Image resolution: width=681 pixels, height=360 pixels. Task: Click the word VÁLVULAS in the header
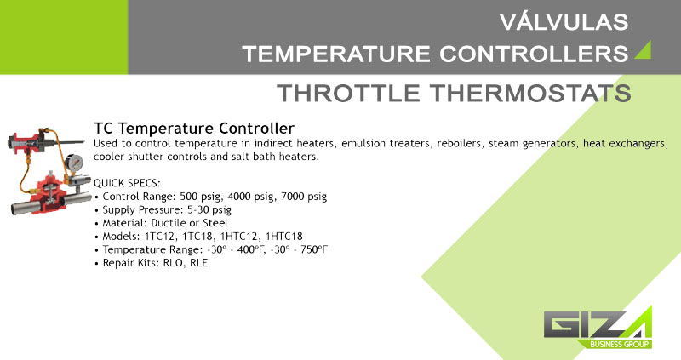[564, 22]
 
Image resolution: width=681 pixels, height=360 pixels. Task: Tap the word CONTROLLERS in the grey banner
[534, 54]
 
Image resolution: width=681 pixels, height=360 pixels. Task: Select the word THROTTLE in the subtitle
[349, 93]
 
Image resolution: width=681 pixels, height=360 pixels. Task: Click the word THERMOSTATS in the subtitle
[530, 93]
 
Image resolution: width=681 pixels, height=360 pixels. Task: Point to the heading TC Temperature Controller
[194, 129]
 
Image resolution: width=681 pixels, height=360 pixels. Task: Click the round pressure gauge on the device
[74, 163]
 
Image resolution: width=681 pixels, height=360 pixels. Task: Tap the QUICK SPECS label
[127, 183]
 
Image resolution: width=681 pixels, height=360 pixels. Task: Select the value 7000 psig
[304, 197]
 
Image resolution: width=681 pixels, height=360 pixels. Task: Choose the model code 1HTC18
[283, 237]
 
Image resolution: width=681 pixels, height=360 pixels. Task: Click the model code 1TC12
[159, 237]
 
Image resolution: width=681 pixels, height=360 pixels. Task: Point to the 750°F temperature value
[314, 249]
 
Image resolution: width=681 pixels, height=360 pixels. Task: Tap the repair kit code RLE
[198, 263]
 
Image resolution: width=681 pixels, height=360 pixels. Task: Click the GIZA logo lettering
[598, 323]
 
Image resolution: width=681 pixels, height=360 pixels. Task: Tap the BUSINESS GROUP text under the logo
[620, 345]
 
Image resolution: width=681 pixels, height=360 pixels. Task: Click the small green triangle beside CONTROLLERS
[643, 50]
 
